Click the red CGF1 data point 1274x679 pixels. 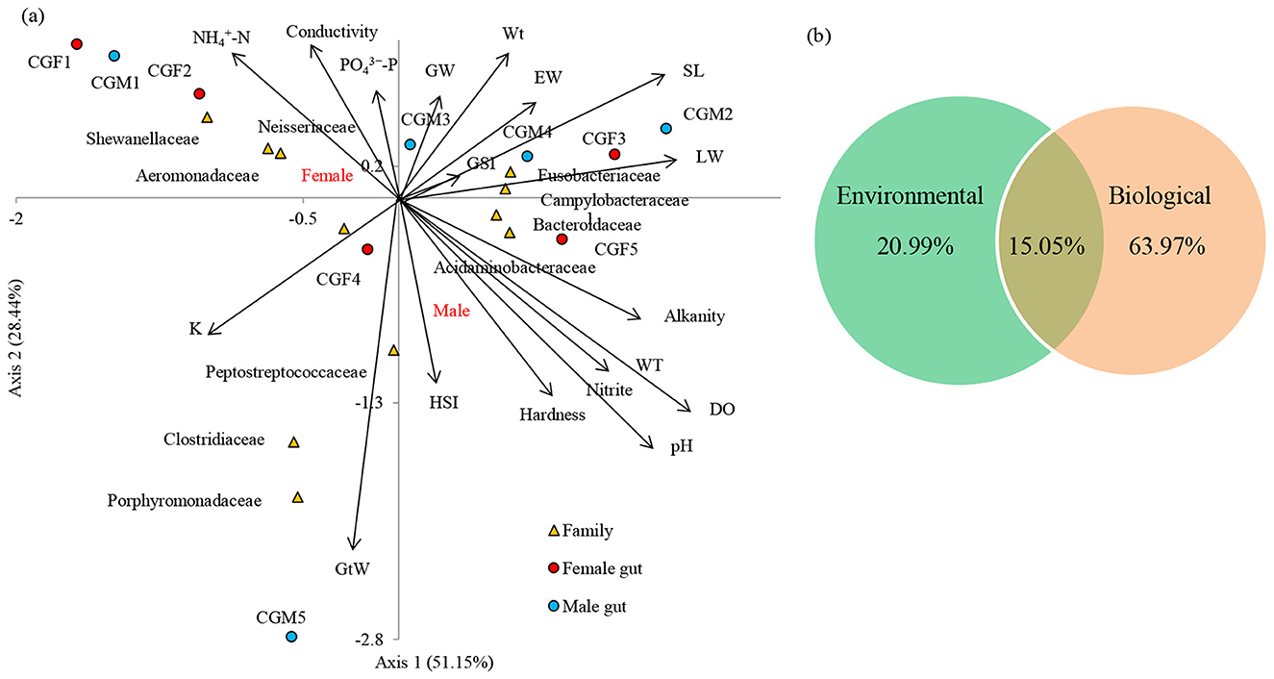point(77,44)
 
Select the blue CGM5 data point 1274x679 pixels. point(291,637)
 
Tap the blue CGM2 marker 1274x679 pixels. point(665,129)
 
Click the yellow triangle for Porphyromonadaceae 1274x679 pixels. point(298,498)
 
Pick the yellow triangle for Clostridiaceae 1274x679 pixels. point(294,442)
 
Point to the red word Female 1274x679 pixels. point(326,175)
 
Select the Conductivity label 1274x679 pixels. point(332,32)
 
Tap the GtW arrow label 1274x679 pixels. point(352,568)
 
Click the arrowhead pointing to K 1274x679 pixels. point(212,333)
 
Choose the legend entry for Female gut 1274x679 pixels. point(602,568)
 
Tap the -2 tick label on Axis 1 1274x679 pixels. point(16,218)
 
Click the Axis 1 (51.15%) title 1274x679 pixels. point(434,663)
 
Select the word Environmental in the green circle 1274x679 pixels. point(910,196)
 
